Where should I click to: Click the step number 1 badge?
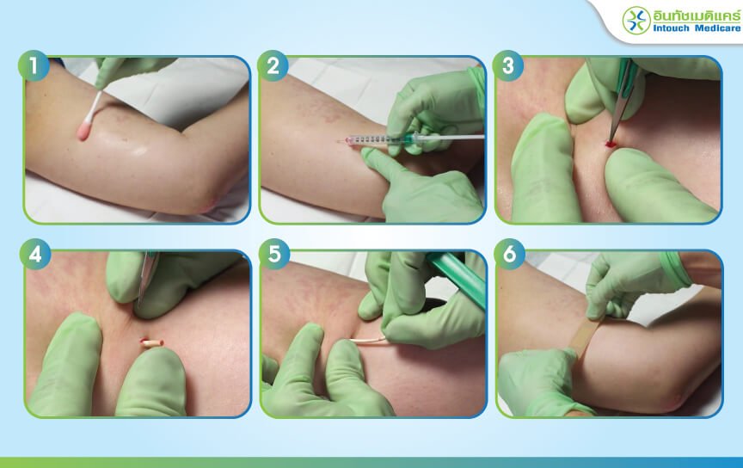[x=34, y=65]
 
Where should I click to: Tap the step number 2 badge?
[x=273, y=65]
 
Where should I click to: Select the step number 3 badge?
[x=508, y=65]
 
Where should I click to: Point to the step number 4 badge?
[x=35, y=254]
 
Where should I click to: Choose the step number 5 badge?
[x=274, y=254]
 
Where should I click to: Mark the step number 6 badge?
[x=509, y=254]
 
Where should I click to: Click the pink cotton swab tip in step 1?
[x=84, y=131]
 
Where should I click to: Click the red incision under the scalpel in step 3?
[x=611, y=143]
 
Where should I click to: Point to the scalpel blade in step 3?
[x=617, y=124]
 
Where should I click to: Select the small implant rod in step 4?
[x=152, y=342]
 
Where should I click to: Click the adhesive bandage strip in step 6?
[x=584, y=336]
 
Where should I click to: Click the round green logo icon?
[x=636, y=21]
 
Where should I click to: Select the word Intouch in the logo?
[x=671, y=28]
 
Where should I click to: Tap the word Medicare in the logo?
[x=717, y=28]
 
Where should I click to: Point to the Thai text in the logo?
[x=697, y=15]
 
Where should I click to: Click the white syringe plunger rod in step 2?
[x=452, y=137]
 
